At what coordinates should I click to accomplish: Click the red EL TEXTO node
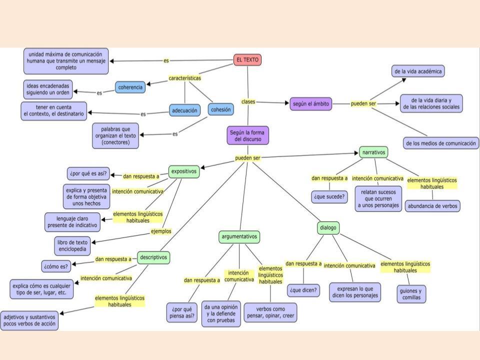tap(247, 60)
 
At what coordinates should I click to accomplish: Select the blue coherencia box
tap(130, 87)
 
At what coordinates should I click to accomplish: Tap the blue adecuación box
tap(184, 110)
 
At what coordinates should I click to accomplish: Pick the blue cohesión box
tap(220, 109)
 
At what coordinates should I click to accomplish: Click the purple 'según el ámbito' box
tap(310, 103)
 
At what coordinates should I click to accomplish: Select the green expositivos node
tap(184, 171)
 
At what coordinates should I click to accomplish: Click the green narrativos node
tap(374, 152)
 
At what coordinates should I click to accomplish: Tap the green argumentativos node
tap(240, 236)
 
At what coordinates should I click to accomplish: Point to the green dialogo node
tap(328, 228)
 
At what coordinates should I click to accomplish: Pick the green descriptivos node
tap(154, 257)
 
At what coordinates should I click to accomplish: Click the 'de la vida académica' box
tap(418, 71)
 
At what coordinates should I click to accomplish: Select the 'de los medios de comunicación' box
tap(440, 143)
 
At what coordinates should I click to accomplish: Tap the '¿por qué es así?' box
tap(88, 173)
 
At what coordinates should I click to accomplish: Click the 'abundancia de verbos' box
tap(432, 205)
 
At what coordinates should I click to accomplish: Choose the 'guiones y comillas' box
tap(411, 293)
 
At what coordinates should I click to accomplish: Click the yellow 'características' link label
tap(185, 78)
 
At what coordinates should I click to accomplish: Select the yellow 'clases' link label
tap(248, 101)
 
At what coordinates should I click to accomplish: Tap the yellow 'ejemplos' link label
tap(161, 231)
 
